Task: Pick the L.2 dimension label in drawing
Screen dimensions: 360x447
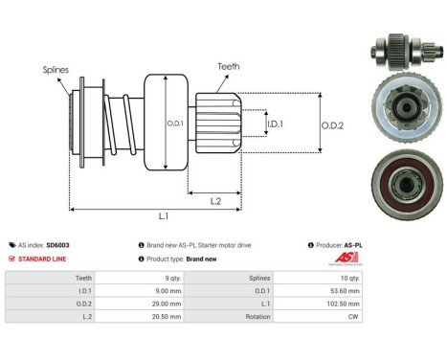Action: pyautogui.click(x=216, y=199)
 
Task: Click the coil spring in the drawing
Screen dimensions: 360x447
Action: pyautogui.click(x=118, y=123)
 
